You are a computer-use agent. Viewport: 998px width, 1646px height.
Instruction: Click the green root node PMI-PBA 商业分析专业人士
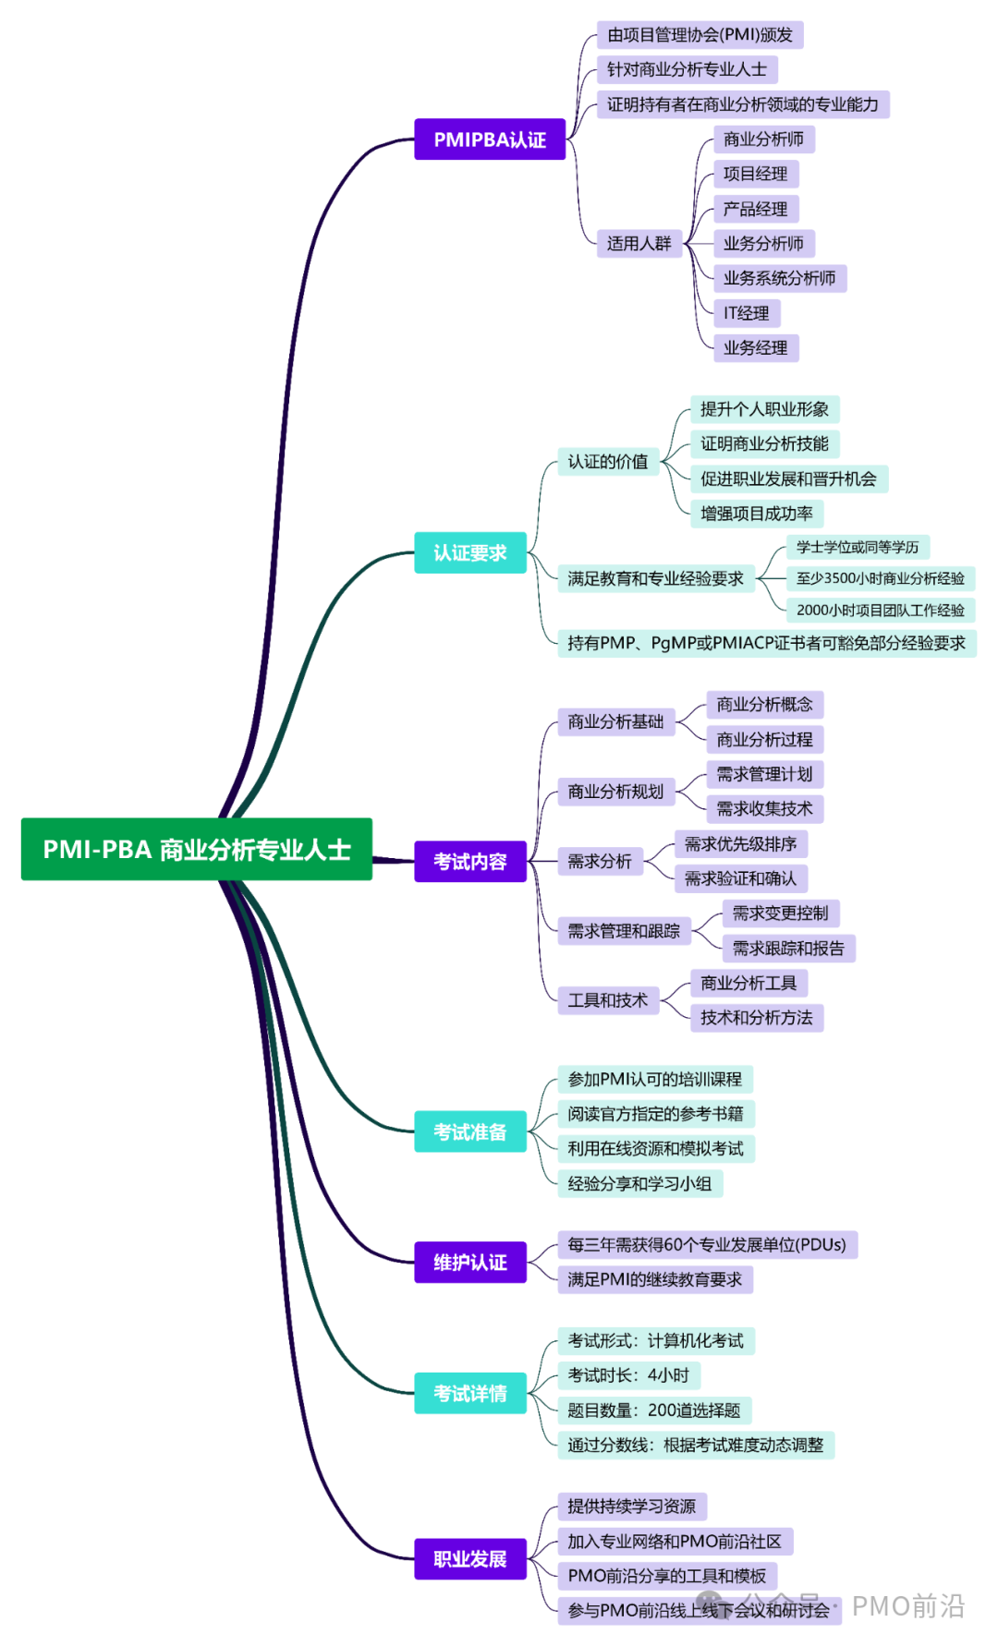pyautogui.click(x=196, y=849)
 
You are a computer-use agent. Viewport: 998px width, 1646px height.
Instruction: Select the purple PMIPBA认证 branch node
pyautogui.click(x=489, y=139)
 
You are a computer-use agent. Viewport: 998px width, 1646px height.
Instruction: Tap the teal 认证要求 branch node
pyautogui.click(x=469, y=552)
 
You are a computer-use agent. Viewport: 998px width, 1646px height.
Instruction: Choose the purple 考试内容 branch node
pyautogui.click(x=469, y=861)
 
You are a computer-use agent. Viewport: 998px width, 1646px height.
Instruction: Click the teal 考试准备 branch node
pyautogui.click(x=469, y=1132)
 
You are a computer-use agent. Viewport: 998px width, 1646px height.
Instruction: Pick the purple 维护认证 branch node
pyautogui.click(x=469, y=1262)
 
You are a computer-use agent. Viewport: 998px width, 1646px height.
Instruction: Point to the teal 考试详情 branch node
pyautogui.click(x=469, y=1393)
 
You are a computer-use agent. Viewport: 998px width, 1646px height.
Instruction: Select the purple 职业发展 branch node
pyautogui.click(x=469, y=1558)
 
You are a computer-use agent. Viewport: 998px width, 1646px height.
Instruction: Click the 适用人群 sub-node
pyautogui.click(x=639, y=244)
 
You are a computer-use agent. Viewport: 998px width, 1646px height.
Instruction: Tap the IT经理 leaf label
pyautogui.click(x=747, y=313)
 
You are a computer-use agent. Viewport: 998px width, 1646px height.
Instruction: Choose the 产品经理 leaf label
pyautogui.click(x=755, y=209)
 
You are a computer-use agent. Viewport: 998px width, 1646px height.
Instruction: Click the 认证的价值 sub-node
pyautogui.click(x=607, y=461)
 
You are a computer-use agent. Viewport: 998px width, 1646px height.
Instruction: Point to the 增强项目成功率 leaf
pyautogui.click(x=756, y=514)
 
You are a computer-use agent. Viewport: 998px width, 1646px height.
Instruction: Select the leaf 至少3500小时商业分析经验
pyautogui.click(x=880, y=578)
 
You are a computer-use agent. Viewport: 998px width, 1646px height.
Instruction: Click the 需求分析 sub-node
pyautogui.click(x=599, y=861)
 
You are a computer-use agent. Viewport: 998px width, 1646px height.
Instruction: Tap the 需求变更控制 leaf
pyautogui.click(x=780, y=914)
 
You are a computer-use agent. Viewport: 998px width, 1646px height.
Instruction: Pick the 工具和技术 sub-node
pyautogui.click(x=607, y=1000)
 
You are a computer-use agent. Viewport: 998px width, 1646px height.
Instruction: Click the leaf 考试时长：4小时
pyautogui.click(x=628, y=1375)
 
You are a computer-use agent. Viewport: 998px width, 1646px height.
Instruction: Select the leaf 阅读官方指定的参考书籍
pyautogui.click(x=655, y=1114)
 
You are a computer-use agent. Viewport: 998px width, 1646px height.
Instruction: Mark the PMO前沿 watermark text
pyautogui.click(x=907, y=1606)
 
